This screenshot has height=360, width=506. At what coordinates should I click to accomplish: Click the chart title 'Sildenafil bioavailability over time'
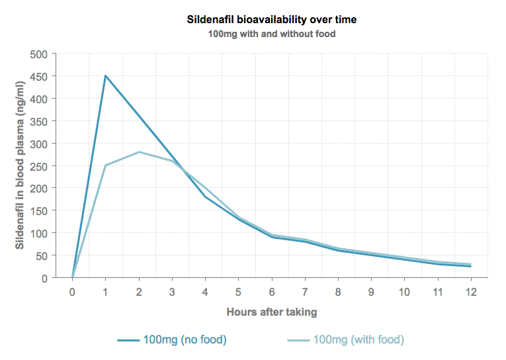click(272, 20)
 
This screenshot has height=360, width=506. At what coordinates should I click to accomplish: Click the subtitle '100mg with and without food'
click(272, 33)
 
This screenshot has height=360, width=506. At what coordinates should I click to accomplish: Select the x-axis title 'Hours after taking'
click(272, 312)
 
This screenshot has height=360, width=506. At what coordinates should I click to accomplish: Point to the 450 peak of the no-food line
click(105, 75)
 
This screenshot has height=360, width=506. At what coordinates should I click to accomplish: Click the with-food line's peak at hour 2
click(139, 152)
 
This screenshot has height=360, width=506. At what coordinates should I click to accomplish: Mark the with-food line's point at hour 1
click(105, 165)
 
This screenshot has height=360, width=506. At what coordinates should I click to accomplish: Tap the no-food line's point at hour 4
click(205, 197)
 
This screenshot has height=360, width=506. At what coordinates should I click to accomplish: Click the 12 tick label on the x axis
click(471, 291)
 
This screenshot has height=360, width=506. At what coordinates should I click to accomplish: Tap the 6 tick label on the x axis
click(271, 291)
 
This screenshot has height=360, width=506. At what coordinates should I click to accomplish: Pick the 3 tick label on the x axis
click(172, 291)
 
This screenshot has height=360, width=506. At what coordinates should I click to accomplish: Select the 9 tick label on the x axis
click(371, 291)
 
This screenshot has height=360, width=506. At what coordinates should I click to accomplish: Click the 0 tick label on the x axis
click(72, 291)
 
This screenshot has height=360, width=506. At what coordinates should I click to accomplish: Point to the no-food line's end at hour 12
click(471, 266)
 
